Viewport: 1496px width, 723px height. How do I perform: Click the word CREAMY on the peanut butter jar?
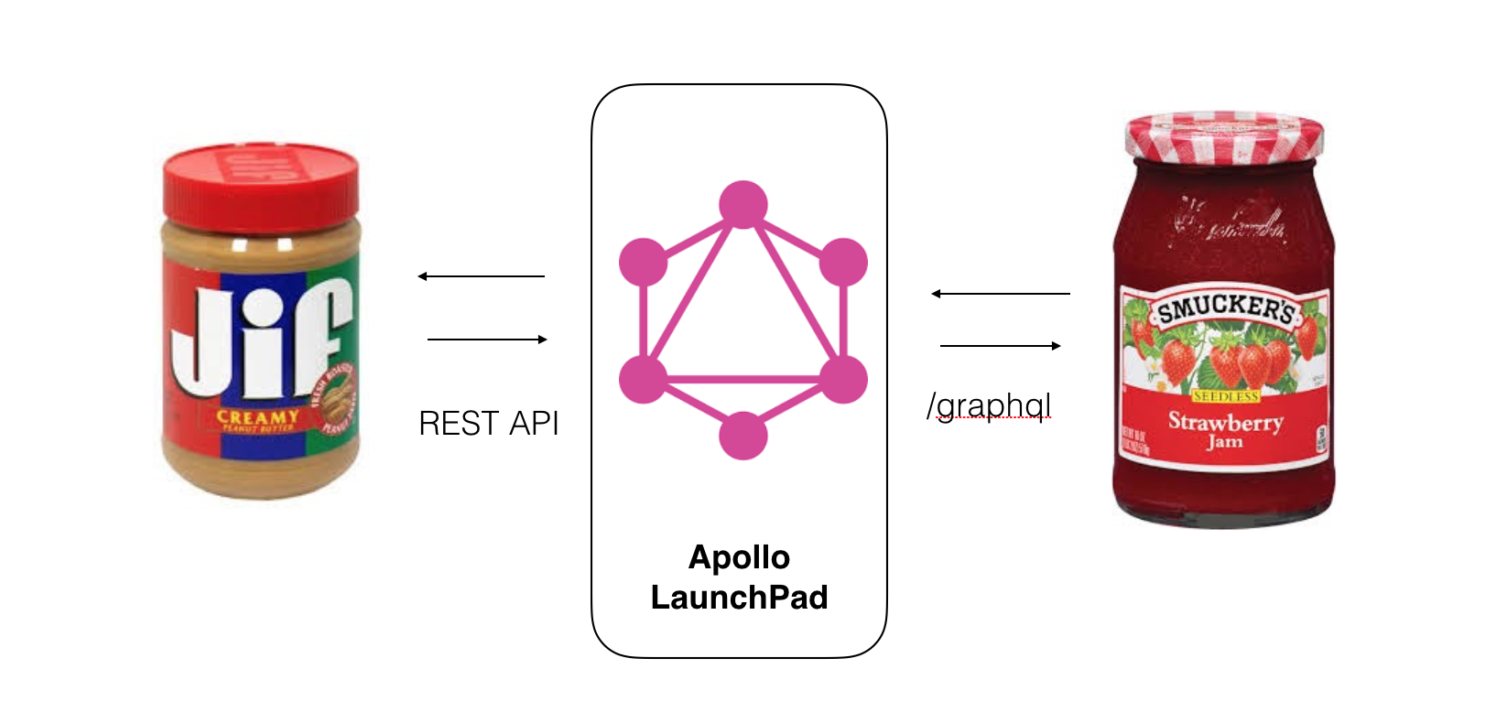point(257,416)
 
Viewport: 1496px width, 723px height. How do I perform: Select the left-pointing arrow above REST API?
point(482,276)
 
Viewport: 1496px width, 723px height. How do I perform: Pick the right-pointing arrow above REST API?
point(487,340)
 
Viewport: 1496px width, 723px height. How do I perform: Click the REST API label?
point(488,424)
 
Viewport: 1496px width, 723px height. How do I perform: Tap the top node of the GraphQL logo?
point(743,203)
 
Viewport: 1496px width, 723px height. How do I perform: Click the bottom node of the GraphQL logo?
point(743,436)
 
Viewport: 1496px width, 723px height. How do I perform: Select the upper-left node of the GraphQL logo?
point(643,262)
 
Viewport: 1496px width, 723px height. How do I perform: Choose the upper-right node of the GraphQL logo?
point(843,262)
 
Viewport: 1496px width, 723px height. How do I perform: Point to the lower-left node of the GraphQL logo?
point(643,379)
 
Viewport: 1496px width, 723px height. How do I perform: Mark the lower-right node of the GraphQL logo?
point(843,379)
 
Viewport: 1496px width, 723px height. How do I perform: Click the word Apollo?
point(739,557)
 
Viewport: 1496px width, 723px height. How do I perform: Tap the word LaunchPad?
point(739,598)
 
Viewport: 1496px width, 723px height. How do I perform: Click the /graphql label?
point(989,405)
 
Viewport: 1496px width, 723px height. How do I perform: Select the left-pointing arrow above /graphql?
point(1000,294)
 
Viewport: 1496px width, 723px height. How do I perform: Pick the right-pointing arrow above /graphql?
point(1001,346)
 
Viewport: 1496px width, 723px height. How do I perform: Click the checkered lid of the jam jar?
point(1224,135)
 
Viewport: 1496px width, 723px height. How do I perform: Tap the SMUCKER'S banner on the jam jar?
point(1225,308)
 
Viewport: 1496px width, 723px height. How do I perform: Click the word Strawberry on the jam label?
point(1225,422)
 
